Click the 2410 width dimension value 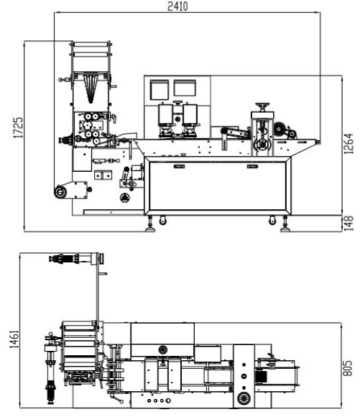coord(177,6)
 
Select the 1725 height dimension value coord(19,128)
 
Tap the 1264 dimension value coord(349,144)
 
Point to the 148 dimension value coord(349,223)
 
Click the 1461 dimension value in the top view coord(14,339)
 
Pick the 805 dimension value coord(347,368)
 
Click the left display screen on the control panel coord(159,89)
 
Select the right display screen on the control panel coord(185,88)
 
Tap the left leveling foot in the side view coord(150,225)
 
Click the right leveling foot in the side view coord(285,225)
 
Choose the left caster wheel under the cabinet coord(162,221)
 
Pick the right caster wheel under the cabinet coord(272,221)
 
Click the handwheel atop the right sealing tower coord(262,106)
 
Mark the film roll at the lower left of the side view coord(60,192)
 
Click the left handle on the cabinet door coord(179,167)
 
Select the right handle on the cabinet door coord(252,167)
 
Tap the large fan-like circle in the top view coord(244,398)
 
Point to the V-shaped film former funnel coord(91,88)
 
